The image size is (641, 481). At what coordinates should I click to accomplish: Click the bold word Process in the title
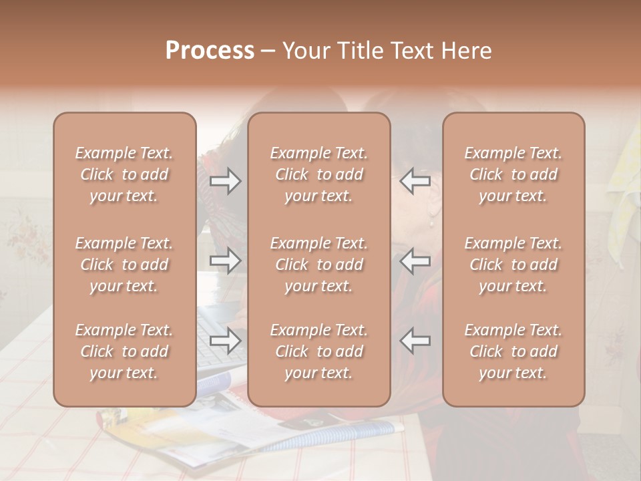tap(210, 51)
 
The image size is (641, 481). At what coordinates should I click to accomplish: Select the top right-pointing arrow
tap(226, 181)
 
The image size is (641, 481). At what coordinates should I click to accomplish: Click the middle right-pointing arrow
tap(226, 261)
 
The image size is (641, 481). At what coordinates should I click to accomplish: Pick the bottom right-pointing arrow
tap(226, 341)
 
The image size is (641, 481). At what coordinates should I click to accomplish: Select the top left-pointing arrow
tap(415, 181)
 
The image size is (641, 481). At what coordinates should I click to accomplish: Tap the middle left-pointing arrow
tap(415, 261)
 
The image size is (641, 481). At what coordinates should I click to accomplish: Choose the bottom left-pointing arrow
tap(415, 341)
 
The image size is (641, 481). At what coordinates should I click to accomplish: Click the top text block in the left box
tap(124, 174)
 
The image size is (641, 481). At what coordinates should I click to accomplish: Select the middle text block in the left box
tap(124, 265)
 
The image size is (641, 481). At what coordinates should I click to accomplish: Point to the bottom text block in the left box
tap(124, 351)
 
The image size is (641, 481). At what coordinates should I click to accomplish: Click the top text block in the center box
tap(318, 174)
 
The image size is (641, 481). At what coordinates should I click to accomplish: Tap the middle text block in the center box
tap(318, 265)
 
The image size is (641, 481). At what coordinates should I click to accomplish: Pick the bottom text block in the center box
tap(318, 351)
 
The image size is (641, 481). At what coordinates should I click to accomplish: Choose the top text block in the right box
tap(513, 174)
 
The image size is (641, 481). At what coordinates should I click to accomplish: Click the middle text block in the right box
tap(513, 265)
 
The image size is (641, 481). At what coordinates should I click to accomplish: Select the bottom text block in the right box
tap(513, 351)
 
